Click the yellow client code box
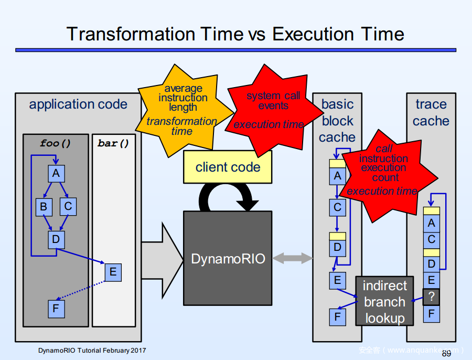228,167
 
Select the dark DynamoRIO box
228,258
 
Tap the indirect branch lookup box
385,302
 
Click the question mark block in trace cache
431,297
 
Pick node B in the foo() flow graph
44,207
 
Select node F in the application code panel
56,309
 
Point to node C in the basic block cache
337,207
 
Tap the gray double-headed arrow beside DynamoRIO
292,258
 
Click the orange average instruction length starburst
182,110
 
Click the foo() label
56,143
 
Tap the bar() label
113,143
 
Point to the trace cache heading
431,112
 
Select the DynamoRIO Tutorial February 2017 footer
92,350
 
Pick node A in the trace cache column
431,223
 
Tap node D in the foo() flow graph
56,240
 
